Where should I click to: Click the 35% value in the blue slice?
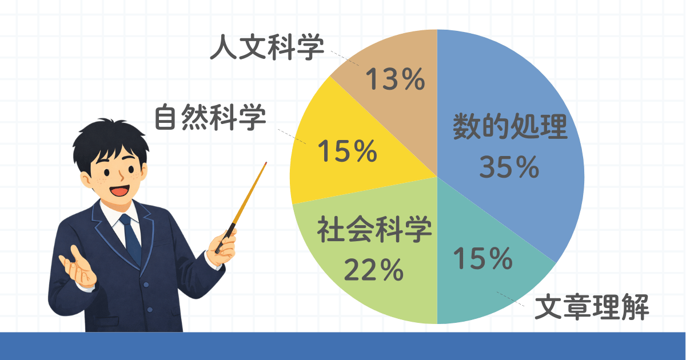click(509, 167)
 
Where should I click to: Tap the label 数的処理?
click(510, 126)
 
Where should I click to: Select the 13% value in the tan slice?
click(395, 79)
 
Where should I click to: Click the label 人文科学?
click(267, 47)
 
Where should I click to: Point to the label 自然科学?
click(210, 117)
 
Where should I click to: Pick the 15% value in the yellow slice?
click(348, 151)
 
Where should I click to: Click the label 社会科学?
click(374, 230)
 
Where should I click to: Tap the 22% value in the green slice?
click(374, 270)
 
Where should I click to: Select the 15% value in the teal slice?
click(483, 258)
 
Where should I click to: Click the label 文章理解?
click(592, 307)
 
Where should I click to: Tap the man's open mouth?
click(119, 190)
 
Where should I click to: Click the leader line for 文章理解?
click(510, 299)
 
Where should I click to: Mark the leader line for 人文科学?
click(345, 58)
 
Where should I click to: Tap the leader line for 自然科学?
click(292, 137)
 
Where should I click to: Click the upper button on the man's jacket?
click(146, 285)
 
